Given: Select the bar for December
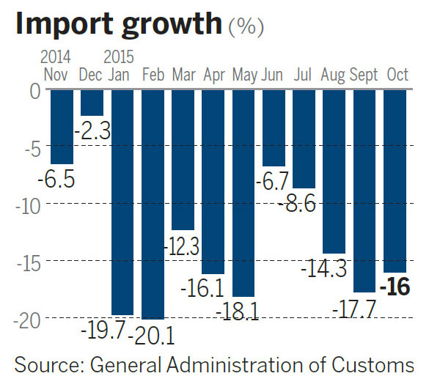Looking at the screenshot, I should click(x=92, y=103).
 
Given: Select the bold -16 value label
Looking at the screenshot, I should click(x=395, y=287).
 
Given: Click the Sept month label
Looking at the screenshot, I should click(x=364, y=74).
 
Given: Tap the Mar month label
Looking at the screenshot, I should click(x=183, y=74).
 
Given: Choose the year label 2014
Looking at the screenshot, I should click(x=56, y=56).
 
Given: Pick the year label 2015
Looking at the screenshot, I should click(x=118, y=56).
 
